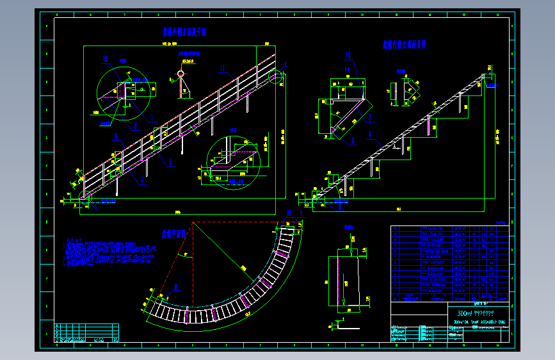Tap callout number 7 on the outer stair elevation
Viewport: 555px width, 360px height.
pos(141,179)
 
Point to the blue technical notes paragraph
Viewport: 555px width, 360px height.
pos(109,254)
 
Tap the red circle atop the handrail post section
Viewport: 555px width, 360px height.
pos(181,73)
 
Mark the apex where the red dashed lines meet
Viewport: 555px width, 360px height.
pos(193,222)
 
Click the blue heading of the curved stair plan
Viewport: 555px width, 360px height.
pos(173,234)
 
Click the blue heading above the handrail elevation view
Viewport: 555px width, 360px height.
pos(183,31)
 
